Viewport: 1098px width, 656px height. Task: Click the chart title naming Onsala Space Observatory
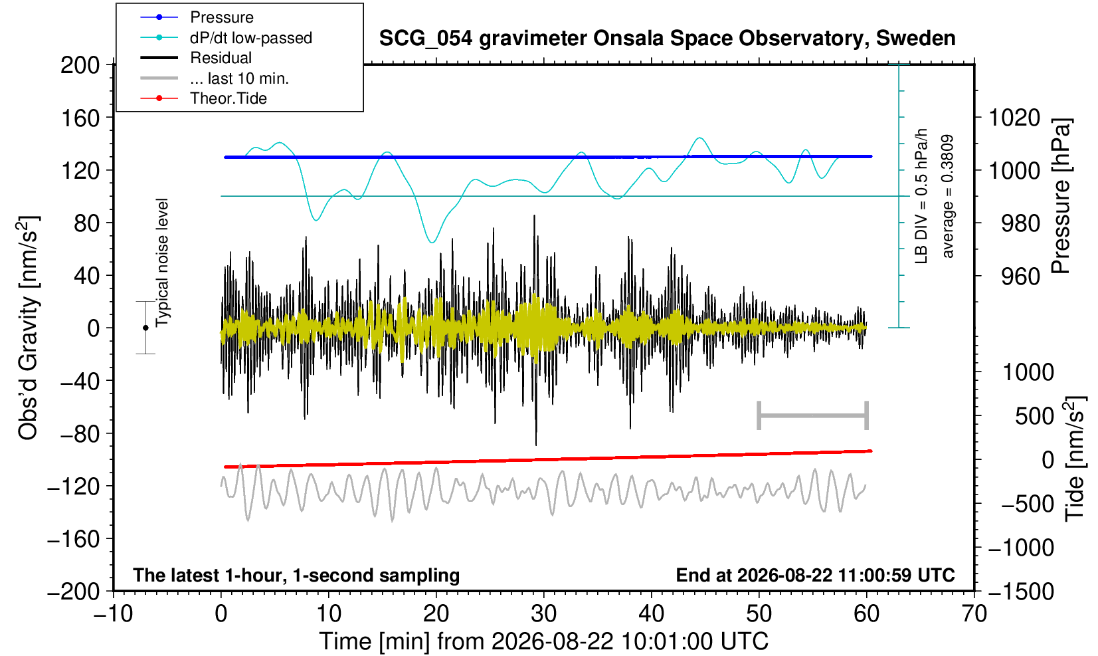point(667,39)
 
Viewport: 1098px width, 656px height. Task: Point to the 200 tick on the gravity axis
point(80,65)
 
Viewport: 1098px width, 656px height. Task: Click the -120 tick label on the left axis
point(74,487)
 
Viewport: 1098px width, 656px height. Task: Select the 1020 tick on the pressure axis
point(1014,118)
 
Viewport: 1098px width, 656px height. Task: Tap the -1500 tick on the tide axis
point(1021,592)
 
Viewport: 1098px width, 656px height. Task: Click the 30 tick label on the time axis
point(543,614)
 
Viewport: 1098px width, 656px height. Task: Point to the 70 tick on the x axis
point(974,614)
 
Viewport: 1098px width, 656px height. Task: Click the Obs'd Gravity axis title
point(28,328)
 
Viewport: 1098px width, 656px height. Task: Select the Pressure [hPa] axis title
point(1061,196)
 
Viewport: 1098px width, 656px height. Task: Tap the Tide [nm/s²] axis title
point(1075,459)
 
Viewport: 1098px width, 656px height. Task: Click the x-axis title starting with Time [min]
point(543,641)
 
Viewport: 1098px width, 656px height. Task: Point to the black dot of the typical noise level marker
point(145,328)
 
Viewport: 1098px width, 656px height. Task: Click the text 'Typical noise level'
point(162,263)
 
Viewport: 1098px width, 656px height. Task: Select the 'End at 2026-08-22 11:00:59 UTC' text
point(815,575)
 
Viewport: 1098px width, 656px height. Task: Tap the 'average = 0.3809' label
point(948,196)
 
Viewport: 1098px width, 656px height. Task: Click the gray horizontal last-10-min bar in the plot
point(813,415)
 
